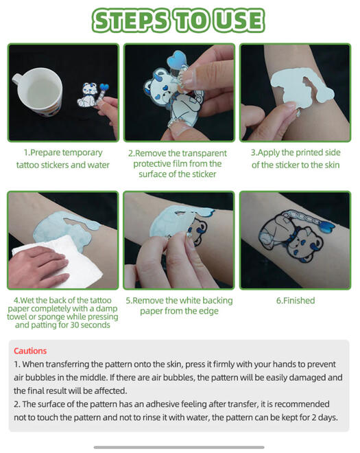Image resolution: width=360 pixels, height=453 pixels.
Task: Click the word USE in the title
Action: pos(240,21)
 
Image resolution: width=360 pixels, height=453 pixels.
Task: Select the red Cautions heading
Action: pos(30,351)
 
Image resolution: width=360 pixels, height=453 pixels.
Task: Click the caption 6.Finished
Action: pos(296,301)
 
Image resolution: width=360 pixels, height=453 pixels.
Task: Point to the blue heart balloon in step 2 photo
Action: pos(177,59)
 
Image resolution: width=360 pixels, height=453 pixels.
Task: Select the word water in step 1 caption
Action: pos(99,165)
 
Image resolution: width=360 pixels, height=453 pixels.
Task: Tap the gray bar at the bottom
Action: pos(179,448)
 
